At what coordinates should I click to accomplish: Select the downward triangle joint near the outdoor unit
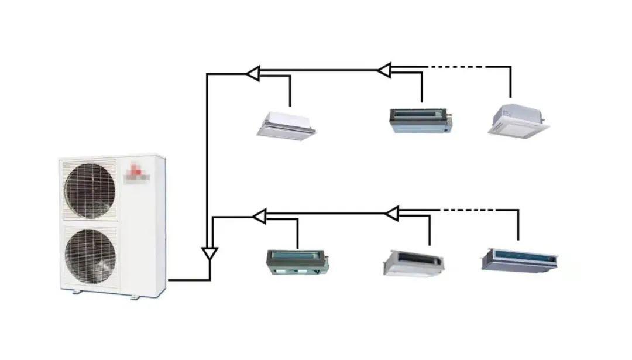point(209,255)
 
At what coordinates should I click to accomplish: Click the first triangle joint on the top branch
point(253,74)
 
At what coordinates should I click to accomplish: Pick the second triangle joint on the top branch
point(384,70)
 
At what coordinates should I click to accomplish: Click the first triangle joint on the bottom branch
point(259,217)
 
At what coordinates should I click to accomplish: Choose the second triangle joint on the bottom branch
point(391,213)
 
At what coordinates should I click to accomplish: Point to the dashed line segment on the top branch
point(456,67)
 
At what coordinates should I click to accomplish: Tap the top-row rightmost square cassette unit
point(518,121)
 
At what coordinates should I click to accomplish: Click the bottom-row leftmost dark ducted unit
point(298,262)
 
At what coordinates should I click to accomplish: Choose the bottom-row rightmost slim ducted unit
point(519,259)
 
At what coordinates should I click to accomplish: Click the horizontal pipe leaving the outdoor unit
point(187,280)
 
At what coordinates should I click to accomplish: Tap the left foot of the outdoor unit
point(76,292)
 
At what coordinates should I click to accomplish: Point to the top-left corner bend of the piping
point(207,74)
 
